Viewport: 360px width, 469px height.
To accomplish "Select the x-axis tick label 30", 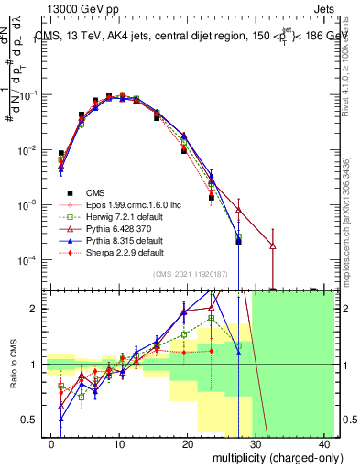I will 257,443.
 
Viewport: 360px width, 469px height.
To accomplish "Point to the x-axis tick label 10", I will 119,443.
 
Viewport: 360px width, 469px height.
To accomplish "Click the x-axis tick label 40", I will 325,443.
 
